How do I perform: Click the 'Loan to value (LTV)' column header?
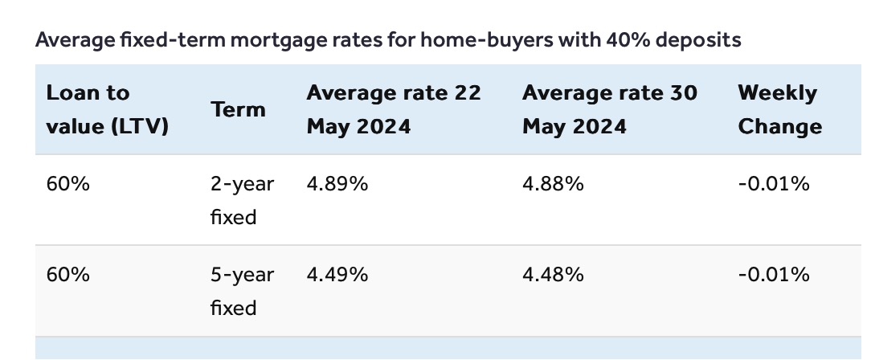pos(107,109)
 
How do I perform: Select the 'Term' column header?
pos(238,109)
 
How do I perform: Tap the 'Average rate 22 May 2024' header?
pos(393,109)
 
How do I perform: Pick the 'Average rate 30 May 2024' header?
pos(609,109)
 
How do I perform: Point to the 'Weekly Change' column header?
pos(780,109)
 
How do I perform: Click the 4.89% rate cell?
pos(337,183)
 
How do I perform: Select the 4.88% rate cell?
pos(553,183)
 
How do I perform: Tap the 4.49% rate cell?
pos(337,275)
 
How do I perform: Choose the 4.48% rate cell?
pos(553,275)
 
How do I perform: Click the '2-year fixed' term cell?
pos(242,200)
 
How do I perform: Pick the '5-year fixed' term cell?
pos(242,291)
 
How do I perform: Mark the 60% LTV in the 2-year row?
pos(67,183)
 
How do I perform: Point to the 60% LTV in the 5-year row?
pos(67,275)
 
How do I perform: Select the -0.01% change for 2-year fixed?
pos(773,183)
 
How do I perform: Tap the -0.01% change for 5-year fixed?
pos(773,275)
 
